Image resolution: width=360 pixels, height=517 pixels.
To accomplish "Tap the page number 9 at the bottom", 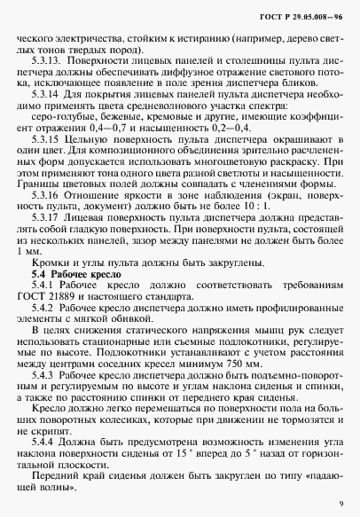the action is coord(340,503).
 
